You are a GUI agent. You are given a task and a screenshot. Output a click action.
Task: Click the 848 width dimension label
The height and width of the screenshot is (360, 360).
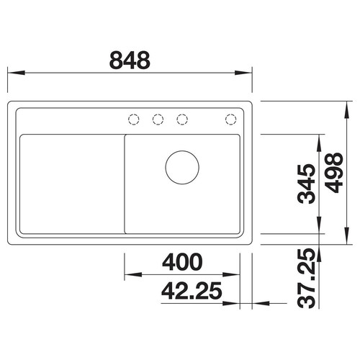pos(130,60)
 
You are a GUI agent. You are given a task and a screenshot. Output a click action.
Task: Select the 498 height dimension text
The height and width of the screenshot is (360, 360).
pos(336,173)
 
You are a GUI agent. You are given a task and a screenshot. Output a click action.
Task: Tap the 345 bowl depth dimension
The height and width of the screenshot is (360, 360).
pos(306,184)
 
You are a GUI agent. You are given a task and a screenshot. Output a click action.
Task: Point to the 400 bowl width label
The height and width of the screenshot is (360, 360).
pos(182,262)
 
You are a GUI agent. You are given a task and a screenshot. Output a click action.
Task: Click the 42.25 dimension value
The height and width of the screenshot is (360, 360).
pos(192,291)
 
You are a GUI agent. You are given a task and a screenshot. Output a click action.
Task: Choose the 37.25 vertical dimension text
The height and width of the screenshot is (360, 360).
pos(306,278)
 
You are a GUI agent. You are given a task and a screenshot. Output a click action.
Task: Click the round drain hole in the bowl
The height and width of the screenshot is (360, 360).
pos(182,167)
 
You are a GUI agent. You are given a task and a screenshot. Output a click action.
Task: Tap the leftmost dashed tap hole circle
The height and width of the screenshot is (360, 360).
pos(134,119)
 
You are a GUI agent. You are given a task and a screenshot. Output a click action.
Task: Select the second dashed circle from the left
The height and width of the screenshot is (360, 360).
pos(158,119)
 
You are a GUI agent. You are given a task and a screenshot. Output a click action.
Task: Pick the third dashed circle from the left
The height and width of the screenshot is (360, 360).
pos(182,119)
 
